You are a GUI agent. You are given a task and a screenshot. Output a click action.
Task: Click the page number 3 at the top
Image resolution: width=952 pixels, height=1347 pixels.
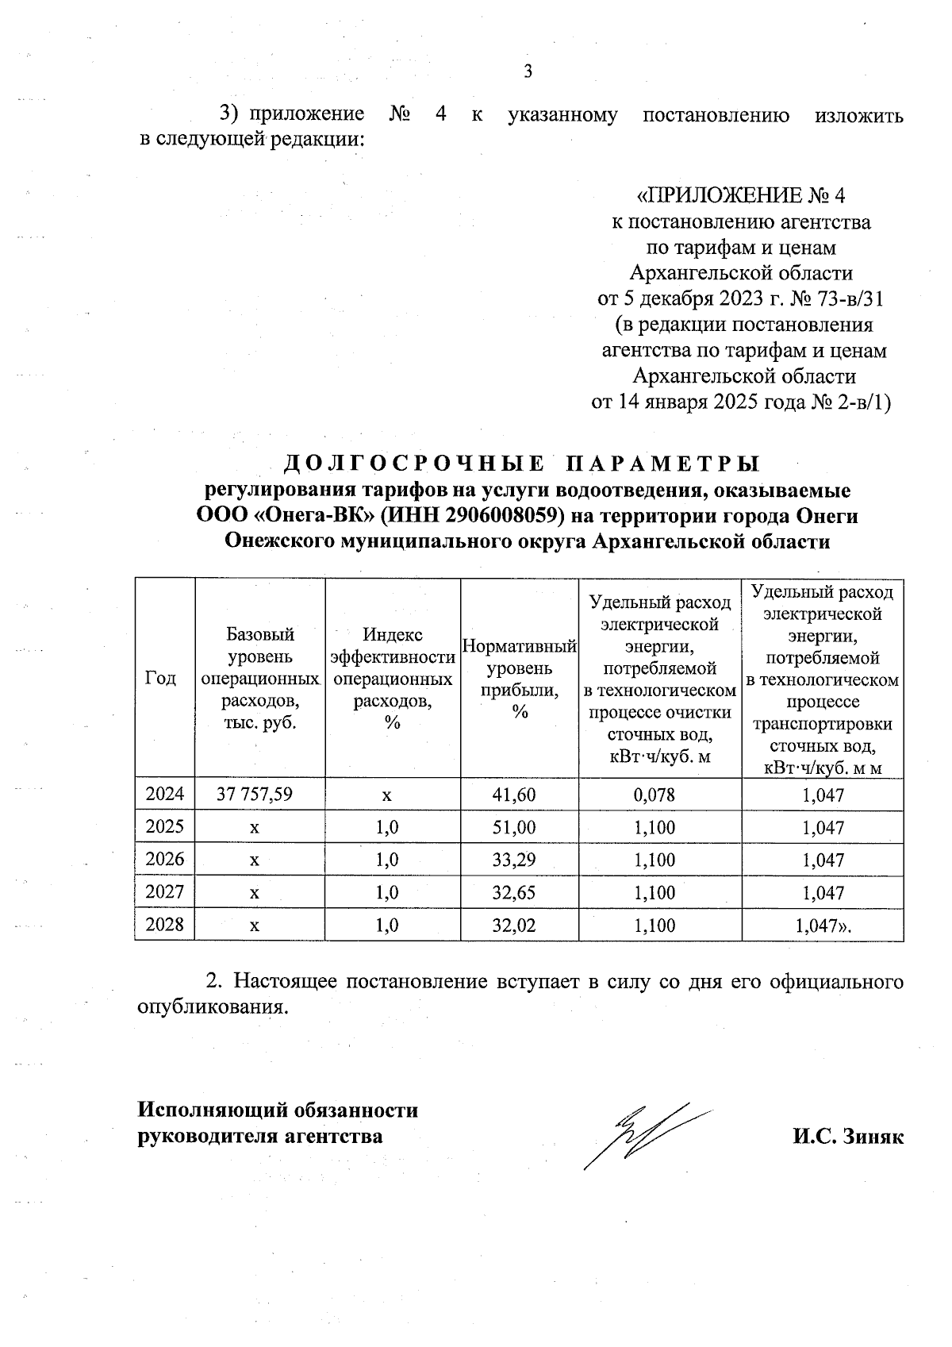pos(528,71)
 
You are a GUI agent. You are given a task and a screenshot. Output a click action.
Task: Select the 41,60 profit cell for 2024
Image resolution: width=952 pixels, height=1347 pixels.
pos(520,795)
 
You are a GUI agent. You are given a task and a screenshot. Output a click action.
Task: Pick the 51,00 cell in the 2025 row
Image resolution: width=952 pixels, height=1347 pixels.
pos(520,827)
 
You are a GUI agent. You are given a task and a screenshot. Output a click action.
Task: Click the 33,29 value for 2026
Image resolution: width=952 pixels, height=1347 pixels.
pos(520,860)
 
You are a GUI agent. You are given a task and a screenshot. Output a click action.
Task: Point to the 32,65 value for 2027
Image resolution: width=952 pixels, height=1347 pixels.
pos(520,892)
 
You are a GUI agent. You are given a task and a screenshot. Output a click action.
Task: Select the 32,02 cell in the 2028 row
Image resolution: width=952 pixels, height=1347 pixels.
pos(520,925)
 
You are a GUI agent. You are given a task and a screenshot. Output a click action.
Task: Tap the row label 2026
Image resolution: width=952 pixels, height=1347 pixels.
pos(165,860)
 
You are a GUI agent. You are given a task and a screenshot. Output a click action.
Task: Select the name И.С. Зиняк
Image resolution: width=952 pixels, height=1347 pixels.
pos(847,1136)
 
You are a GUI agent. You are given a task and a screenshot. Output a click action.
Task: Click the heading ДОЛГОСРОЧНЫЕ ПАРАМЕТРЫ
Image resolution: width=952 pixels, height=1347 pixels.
pos(521,463)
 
